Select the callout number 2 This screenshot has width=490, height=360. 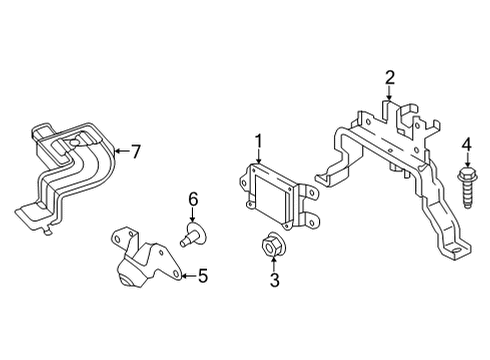(x=390, y=76)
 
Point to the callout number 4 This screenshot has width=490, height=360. (x=466, y=150)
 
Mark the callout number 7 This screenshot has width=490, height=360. (x=135, y=152)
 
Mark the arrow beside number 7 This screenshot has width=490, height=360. (x=119, y=152)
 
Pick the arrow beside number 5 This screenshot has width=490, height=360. (x=184, y=275)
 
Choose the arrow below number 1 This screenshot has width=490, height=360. (x=257, y=156)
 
